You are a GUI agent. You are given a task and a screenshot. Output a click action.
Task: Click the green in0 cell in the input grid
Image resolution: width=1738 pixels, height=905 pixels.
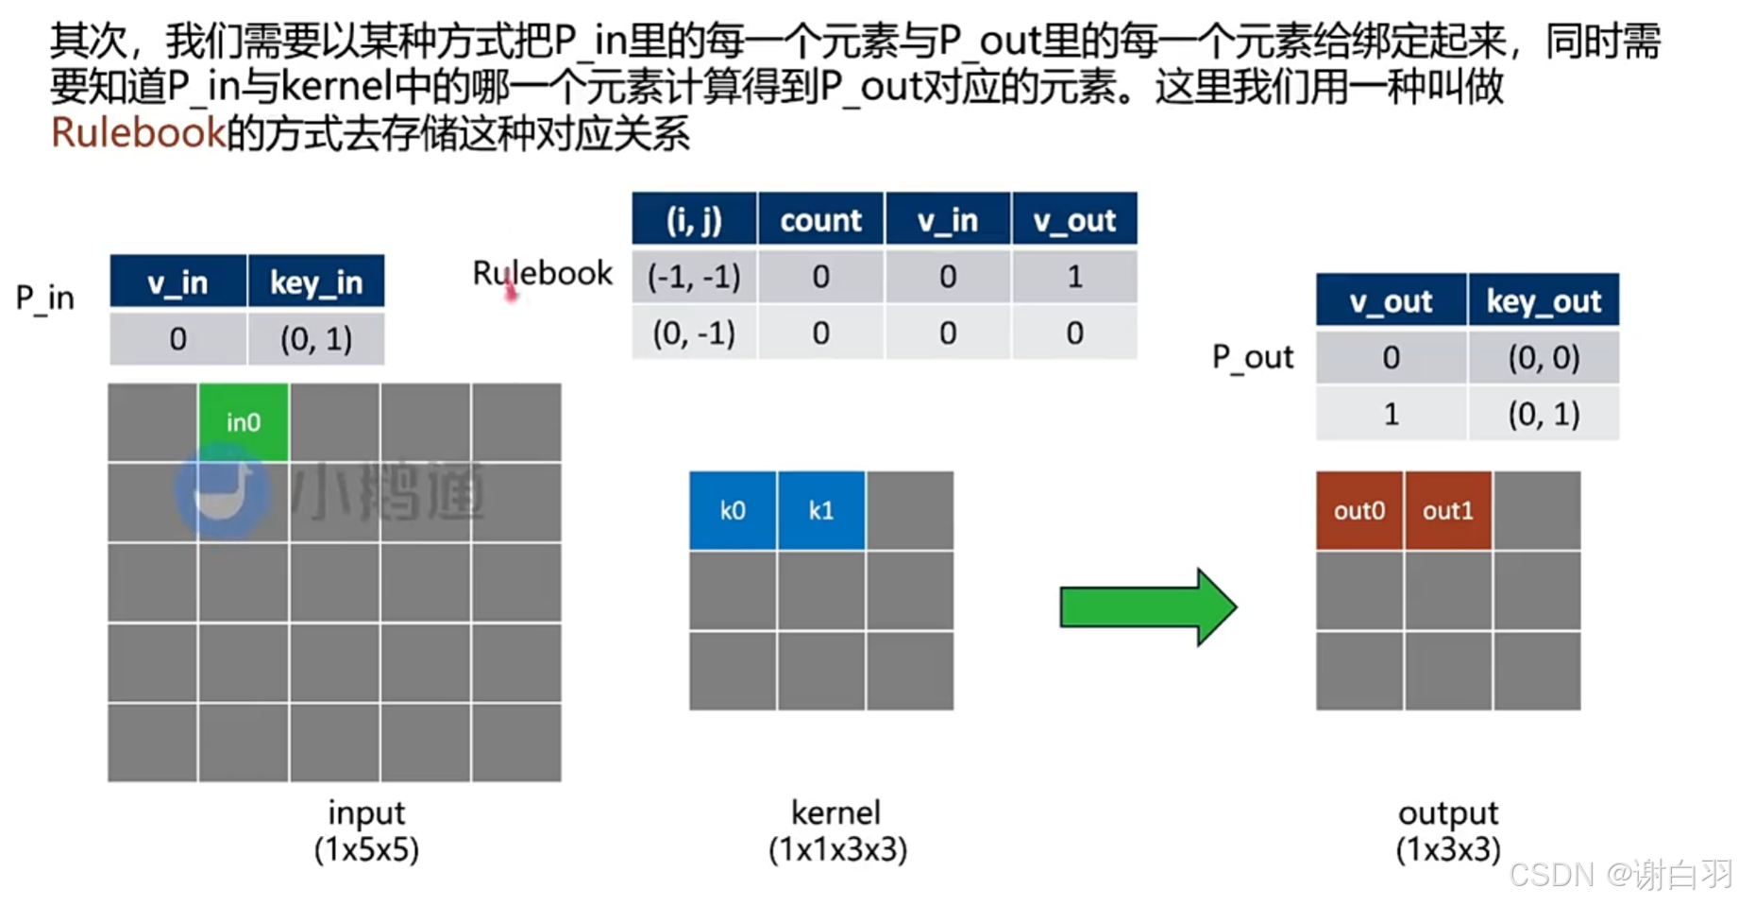244,422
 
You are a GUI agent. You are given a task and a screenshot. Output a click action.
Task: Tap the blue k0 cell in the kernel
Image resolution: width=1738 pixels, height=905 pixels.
733,511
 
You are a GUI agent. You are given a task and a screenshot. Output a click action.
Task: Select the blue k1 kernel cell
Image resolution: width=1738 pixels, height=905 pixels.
821,511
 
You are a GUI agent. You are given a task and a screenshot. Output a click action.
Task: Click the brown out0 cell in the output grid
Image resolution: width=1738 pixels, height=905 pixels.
1359,511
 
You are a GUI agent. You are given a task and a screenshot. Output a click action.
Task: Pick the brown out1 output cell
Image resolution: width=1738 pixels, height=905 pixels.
1448,511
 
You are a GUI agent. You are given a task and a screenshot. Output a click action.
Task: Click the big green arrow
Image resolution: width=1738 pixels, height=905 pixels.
1147,606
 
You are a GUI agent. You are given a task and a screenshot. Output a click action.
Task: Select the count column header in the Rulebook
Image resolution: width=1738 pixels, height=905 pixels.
820,220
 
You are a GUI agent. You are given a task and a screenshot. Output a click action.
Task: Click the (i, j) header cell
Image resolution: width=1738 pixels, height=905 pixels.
694,220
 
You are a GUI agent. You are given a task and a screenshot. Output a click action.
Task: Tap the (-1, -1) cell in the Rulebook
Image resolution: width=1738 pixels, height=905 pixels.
694,277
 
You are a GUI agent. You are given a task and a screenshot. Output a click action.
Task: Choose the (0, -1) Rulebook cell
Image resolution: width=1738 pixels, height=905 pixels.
694,333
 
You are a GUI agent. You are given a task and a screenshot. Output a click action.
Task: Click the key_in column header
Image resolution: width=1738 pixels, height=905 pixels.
316,282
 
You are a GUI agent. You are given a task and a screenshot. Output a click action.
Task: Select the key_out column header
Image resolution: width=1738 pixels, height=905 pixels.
1544,301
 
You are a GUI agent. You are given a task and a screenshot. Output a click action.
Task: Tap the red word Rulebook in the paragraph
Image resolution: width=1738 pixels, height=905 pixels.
138,133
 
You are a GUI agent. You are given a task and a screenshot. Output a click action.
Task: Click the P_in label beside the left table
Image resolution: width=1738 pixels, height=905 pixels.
45,299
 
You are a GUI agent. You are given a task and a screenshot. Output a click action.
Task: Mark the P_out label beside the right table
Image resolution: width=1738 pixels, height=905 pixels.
1253,357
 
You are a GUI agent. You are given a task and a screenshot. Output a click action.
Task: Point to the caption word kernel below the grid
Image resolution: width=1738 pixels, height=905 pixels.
836,812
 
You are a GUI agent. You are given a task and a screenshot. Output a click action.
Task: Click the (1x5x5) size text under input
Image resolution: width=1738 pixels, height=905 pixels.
366,849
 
